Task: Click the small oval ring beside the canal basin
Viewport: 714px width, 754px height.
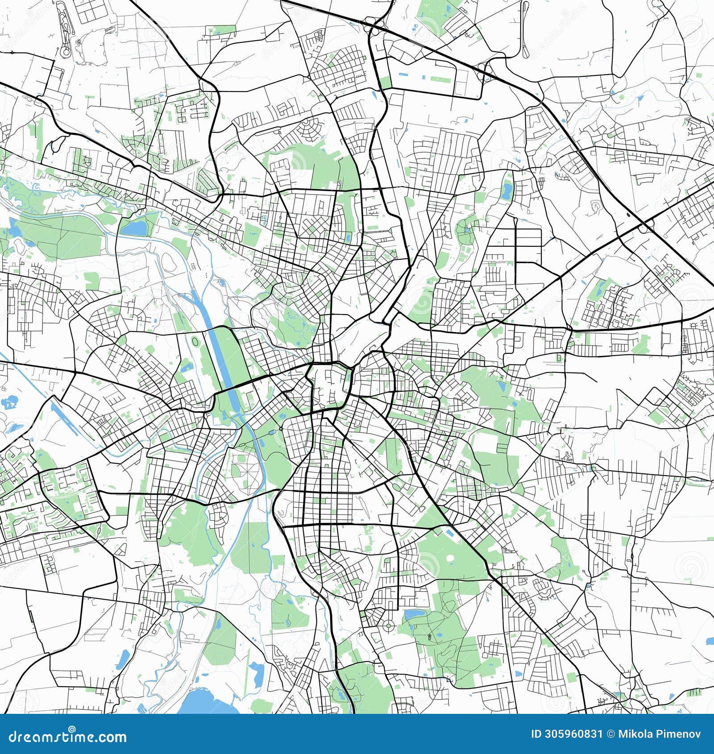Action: coord(195,341)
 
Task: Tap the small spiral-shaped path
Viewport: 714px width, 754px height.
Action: coord(595,206)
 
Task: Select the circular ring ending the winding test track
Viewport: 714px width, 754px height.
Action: coord(65,51)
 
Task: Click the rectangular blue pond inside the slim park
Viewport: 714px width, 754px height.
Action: coord(507,192)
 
